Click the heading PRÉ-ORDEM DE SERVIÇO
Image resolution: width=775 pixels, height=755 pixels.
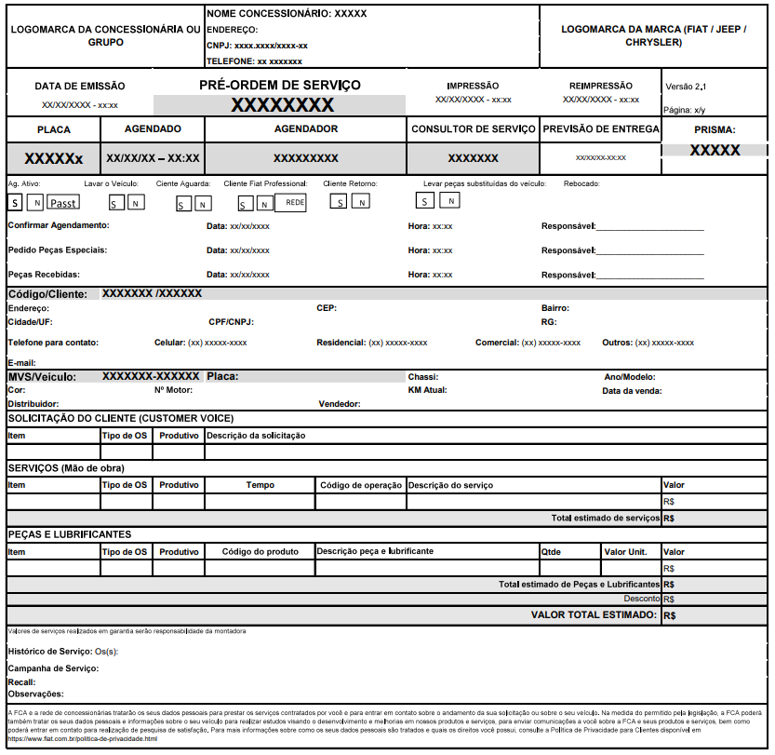[x=279, y=85]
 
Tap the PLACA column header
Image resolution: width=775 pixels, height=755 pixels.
[x=53, y=129]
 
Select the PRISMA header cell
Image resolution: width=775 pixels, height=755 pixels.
[x=715, y=130]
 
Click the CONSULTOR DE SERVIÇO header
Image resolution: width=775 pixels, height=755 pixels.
[x=474, y=129]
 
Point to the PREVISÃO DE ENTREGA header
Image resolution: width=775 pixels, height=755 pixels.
[x=600, y=129]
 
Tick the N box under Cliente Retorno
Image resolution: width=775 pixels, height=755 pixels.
[x=360, y=202]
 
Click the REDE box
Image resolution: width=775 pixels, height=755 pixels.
[x=290, y=202]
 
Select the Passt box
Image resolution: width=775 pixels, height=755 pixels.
[x=62, y=203]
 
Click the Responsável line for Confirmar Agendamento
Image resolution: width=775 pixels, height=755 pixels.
[x=649, y=226]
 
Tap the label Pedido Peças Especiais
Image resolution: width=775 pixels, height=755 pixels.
[x=57, y=250]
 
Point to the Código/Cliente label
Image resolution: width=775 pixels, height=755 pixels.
[x=47, y=294]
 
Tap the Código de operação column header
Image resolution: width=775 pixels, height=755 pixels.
[x=360, y=485]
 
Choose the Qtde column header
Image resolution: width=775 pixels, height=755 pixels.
[x=552, y=552]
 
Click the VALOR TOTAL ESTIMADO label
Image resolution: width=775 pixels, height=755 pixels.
[x=594, y=615]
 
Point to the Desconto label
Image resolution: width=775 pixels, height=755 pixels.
[x=642, y=599]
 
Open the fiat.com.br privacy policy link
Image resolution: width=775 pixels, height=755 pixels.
[x=83, y=738]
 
